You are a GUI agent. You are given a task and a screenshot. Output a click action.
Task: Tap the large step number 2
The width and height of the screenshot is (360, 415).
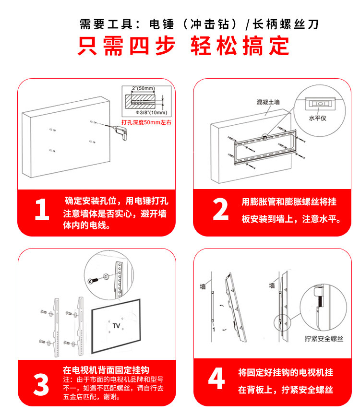pos(220,210)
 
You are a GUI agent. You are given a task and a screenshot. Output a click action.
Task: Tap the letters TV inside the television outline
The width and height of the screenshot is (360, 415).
pos(116,326)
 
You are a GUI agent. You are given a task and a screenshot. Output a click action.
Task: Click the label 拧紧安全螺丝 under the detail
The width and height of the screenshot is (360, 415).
pos(324,339)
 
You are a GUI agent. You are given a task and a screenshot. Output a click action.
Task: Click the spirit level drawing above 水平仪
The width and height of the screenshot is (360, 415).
pos(318,103)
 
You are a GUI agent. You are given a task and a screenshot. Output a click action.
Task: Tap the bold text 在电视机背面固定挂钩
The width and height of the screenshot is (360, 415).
pos(106,370)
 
